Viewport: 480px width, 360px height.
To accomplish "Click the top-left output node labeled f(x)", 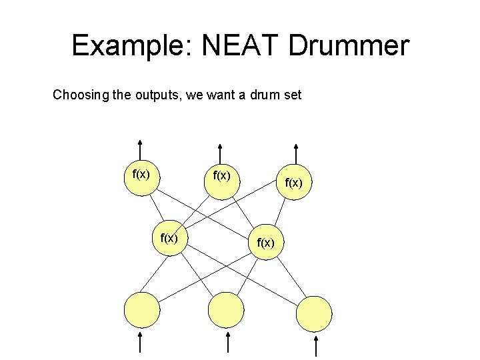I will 141,177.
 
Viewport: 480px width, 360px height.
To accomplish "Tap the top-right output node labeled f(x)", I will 294,182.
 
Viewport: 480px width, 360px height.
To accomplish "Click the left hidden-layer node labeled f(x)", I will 168,237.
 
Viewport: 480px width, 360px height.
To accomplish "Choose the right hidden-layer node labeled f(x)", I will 265,241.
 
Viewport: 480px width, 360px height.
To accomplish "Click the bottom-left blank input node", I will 142,310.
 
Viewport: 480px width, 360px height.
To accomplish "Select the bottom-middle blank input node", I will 226,311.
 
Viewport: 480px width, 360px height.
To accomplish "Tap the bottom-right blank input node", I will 314,313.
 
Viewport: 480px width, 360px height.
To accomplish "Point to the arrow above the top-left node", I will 141,149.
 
